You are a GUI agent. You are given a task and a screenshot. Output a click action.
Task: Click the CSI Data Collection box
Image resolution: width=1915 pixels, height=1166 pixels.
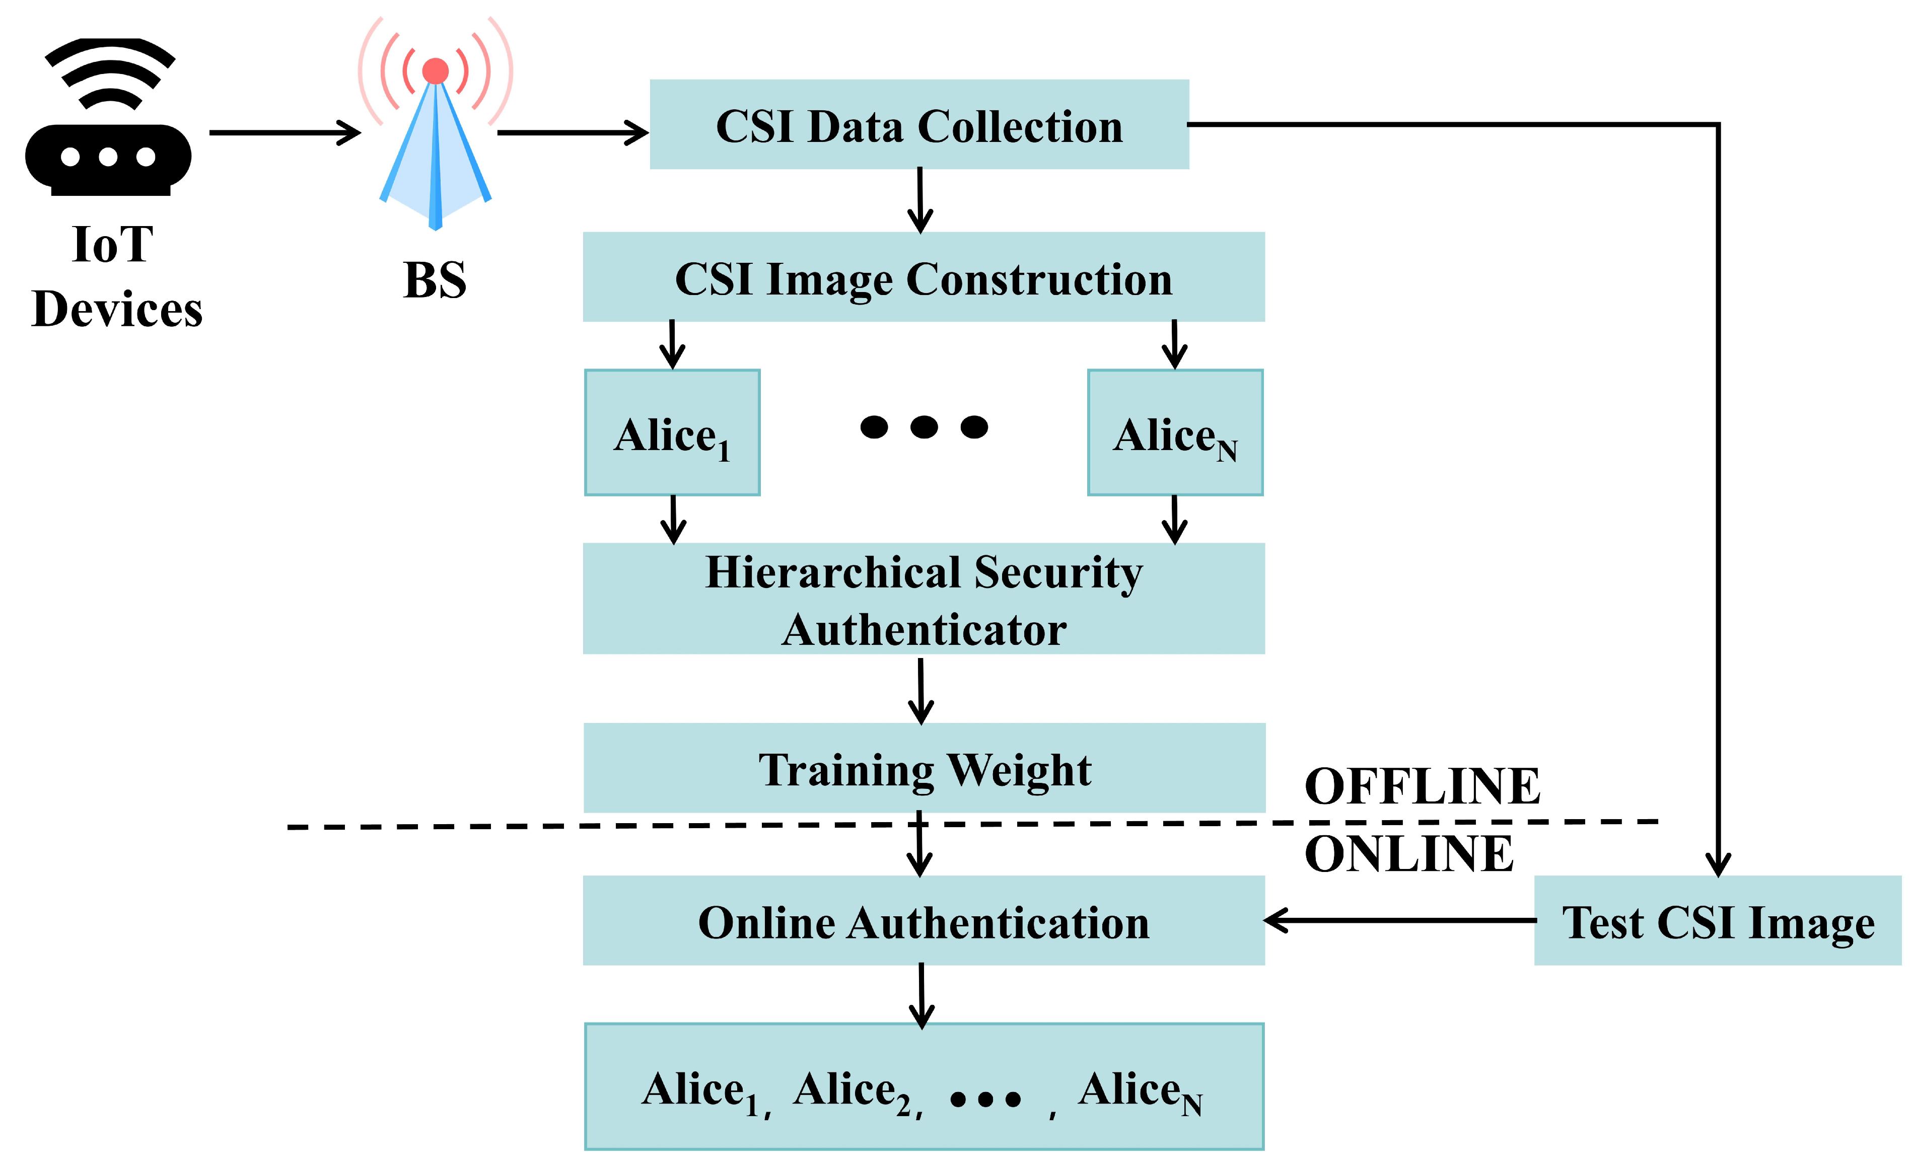pyautogui.click(x=918, y=124)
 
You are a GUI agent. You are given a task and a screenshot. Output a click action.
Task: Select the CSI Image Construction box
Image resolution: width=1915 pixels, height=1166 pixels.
pyautogui.click(x=924, y=277)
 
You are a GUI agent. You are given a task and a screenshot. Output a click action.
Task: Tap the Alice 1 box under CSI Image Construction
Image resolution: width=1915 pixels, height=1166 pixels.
pyautogui.click(x=672, y=432)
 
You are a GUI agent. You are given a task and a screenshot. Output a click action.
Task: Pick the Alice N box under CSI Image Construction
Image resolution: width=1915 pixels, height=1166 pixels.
pyautogui.click(x=1174, y=432)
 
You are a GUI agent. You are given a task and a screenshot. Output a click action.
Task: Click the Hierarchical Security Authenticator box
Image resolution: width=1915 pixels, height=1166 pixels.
pyautogui.click(x=924, y=599)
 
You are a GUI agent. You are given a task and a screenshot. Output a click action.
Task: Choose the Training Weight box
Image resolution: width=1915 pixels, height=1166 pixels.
pyautogui.click(x=924, y=768)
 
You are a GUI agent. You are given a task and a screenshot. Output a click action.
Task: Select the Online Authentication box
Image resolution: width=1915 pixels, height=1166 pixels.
pyautogui.click(x=924, y=921)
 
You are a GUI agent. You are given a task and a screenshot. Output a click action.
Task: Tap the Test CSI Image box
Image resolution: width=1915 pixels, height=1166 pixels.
pyautogui.click(x=1718, y=921)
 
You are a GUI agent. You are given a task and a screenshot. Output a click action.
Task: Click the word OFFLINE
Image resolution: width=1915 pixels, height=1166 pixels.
pyautogui.click(x=1422, y=785)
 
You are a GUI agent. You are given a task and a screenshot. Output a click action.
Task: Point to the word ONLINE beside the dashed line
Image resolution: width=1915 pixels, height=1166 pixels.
pyautogui.click(x=1408, y=854)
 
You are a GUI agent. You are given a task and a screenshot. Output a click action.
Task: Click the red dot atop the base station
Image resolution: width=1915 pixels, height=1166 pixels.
pyautogui.click(x=435, y=70)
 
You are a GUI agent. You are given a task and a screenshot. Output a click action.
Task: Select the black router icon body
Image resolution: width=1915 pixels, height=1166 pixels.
pyautogui.click(x=108, y=158)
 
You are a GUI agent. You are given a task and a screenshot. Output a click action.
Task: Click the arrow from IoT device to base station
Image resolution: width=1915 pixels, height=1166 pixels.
pyautogui.click(x=283, y=133)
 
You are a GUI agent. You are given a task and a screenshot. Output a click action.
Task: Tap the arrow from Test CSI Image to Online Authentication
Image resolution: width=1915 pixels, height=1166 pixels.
pyautogui.click(x=1399, y=920)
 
